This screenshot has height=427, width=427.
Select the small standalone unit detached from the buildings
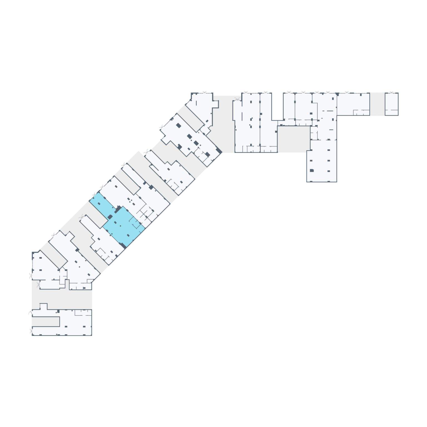[x=391, y=104]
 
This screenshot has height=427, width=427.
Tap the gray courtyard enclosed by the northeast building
[x=294, y=139]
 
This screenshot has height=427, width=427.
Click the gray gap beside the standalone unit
[x=377, y=104]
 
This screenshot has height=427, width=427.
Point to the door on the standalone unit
[x=392, y=92]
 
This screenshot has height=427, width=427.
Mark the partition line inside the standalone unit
[x=391, y=110]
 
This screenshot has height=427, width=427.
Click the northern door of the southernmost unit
[x=31, y=313]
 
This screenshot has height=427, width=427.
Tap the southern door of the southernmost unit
[x=31, y=331]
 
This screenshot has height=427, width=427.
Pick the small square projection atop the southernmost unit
[x=43, y=306]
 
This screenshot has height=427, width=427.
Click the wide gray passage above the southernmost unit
[x=62, y=299]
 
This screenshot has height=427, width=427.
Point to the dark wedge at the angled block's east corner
[x=219, y=151]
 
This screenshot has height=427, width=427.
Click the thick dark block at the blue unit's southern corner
[x=123, y=245]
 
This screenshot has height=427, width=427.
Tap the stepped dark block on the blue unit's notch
[x=118, y=209]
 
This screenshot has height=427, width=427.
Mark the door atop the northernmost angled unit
[x=205, y=92]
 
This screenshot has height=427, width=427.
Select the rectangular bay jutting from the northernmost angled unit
[x=216, y=104]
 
